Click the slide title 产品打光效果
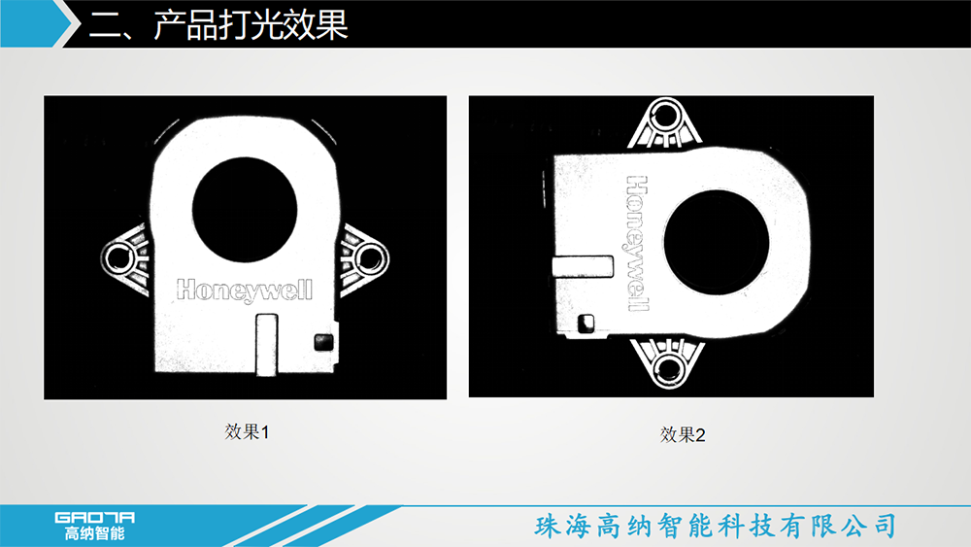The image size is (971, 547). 251,25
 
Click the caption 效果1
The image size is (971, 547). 247,431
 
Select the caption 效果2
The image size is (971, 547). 683,435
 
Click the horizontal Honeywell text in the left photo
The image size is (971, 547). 245,290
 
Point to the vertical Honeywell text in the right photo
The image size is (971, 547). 638,242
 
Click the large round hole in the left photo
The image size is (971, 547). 245,210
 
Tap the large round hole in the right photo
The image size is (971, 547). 717,243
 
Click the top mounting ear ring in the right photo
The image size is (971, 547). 665,117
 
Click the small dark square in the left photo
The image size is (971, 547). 323,342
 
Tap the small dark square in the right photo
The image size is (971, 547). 586,323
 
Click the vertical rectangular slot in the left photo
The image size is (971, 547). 267,345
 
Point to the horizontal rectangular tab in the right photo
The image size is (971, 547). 583,266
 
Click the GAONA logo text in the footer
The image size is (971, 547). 95,518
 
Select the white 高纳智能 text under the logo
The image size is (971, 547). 95,533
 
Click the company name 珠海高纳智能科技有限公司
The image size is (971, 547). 716,526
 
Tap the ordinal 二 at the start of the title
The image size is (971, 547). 107,26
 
